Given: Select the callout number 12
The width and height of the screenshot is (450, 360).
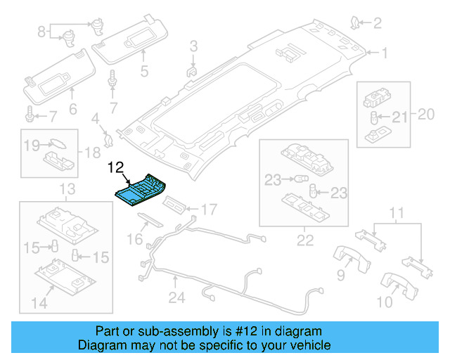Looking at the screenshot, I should click(x=115, y=167).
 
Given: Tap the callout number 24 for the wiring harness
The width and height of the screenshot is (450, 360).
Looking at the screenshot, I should click(x=176, y=297).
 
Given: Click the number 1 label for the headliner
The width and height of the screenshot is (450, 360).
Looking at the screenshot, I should click(x=385, y=53).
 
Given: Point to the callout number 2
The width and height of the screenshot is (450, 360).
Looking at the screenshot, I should click(x=377, y=24).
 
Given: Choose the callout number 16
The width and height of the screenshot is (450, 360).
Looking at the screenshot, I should click(x=134, y=240).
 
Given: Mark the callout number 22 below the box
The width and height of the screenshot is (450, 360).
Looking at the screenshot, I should click(x=304, y=240).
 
